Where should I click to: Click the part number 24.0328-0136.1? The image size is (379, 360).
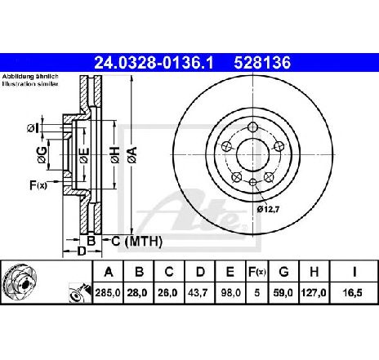[154, 63]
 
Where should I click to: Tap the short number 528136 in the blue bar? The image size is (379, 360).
[262, 63]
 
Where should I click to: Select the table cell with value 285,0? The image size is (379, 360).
[108, 293]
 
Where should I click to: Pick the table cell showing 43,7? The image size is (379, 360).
[199, 293]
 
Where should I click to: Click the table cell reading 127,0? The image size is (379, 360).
[314, 293]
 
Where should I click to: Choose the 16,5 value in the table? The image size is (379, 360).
[354, 293]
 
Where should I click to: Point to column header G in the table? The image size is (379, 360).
[283, 272]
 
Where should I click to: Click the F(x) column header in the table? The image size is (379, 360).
[256, 272]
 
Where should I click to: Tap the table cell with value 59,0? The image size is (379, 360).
[283, 293]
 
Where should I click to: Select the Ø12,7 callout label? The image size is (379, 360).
[268, 209]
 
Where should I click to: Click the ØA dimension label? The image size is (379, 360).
[132, 155]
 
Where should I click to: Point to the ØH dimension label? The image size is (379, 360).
[115, 155]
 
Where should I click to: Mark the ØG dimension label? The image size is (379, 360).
[42, 155]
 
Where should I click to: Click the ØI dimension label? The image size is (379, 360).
[33, 128]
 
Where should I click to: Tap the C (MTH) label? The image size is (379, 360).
[137, 241]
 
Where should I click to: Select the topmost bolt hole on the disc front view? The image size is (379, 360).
[253, 127]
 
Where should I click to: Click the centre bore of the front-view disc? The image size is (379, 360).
[252, 155]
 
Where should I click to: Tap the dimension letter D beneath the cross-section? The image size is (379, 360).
[82, 251]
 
